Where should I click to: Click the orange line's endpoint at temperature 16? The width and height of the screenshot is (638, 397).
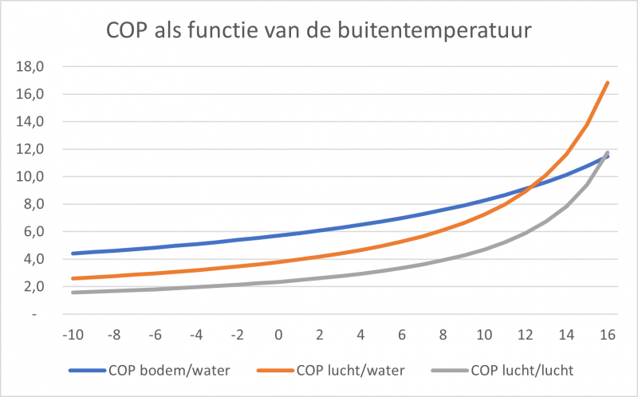point(608,82)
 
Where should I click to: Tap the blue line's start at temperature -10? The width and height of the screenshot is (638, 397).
point(73,254)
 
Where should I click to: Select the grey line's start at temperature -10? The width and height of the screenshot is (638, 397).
point(73,293)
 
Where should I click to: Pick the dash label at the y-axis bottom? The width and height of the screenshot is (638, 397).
point(35,314)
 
